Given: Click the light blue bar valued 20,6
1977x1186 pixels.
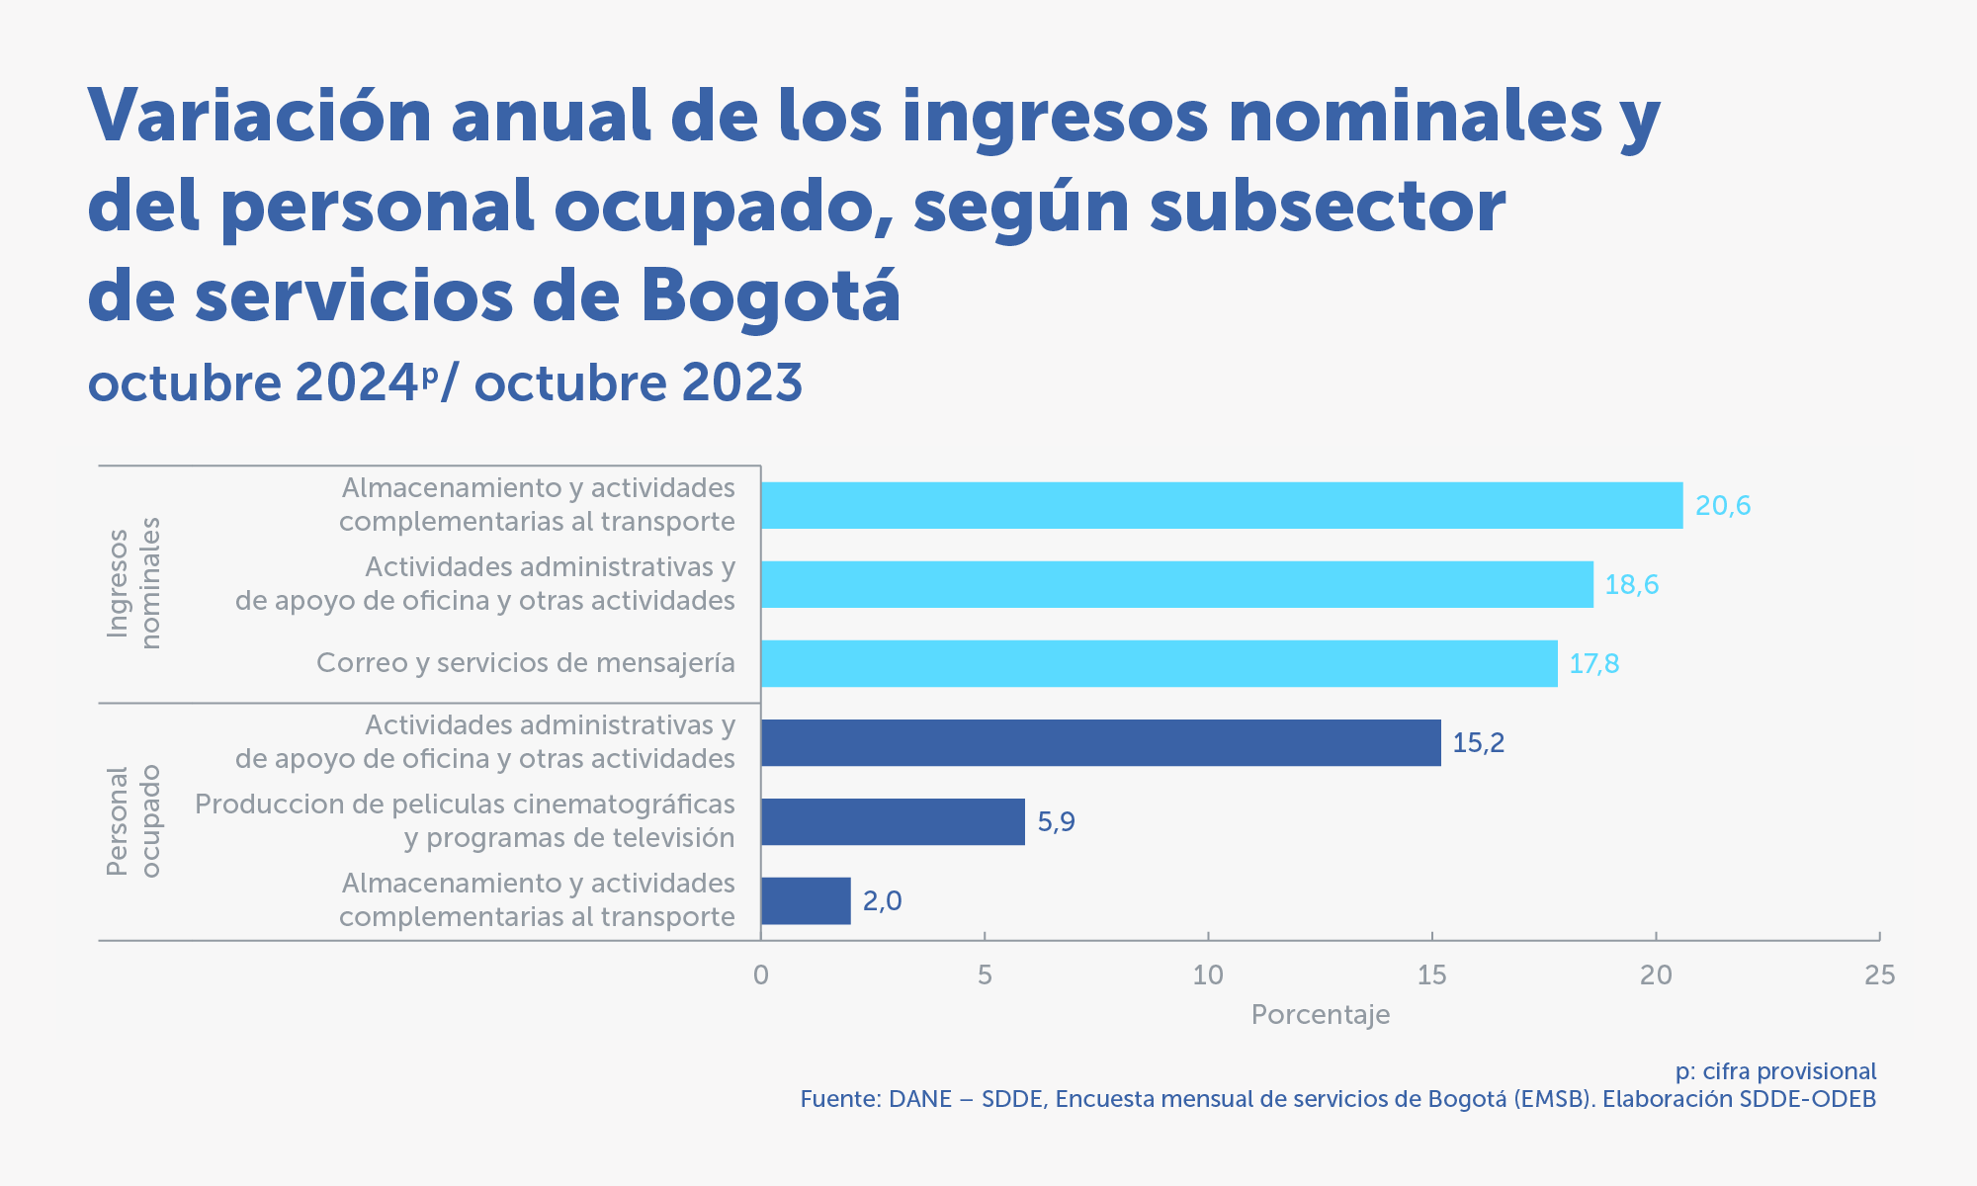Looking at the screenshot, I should [1221, 505].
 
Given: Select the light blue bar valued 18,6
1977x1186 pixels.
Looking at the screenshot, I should [1176, 584].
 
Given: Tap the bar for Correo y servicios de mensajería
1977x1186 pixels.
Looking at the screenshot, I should [1159, 663].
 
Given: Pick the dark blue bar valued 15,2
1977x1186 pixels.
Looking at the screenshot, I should [1100, 742].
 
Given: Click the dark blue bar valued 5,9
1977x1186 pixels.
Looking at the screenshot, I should [893, 821].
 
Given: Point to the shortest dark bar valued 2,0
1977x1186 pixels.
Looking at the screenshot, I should [806, 900].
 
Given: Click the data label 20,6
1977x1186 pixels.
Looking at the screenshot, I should [1723, 506].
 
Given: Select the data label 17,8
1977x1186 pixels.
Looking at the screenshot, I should [1593, 664].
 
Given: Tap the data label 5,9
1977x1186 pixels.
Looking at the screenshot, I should [1056, 822].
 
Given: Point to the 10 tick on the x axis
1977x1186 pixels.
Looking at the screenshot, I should [1208, 975].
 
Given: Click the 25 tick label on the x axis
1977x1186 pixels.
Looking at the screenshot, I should [1879, 975].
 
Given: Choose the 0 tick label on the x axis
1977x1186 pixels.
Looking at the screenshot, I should [760, 975].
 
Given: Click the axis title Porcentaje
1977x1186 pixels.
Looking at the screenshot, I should [1320, 1015].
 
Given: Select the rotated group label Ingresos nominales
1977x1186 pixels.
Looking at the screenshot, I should [132, 583].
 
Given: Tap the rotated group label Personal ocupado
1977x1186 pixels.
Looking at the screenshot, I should [132, 821].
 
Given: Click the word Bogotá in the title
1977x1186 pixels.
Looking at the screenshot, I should [770, 296].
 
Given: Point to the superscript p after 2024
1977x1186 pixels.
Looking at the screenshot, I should [429, 376].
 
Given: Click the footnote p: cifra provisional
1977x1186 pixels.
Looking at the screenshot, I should [1775, 1071].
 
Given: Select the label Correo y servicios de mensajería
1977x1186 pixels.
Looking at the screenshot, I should [525, 663].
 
